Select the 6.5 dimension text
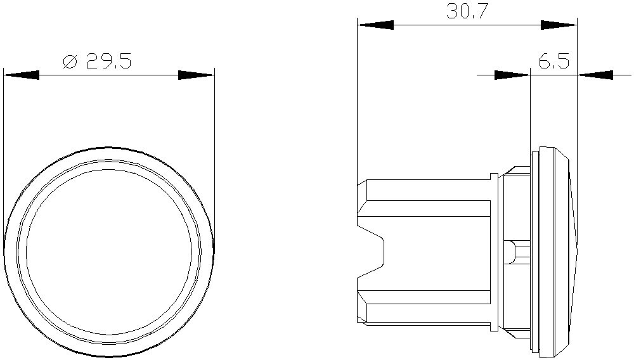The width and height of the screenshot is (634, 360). [x=554, y=61]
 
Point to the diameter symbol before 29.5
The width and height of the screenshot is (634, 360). [x=70, y=61]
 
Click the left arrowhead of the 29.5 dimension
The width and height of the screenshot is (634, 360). [x=21, y=75]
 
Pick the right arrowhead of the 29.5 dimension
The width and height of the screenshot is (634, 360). [x=196, y=75]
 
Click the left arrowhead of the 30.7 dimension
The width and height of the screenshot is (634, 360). [x=375, y=25]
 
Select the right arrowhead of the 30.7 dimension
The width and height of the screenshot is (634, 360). [x=559, y=25]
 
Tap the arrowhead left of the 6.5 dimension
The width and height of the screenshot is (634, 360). [x=512, y=75]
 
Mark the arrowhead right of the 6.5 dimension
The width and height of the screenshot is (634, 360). [x=595, y=75]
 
